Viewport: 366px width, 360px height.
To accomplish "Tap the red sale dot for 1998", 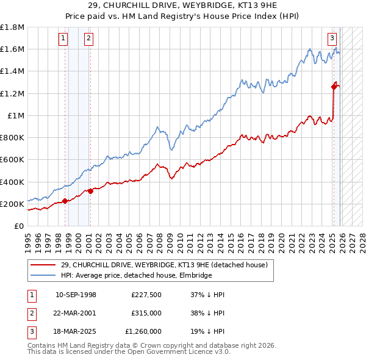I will coord(65,201).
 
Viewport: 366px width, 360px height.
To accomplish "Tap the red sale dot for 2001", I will coord(90,191).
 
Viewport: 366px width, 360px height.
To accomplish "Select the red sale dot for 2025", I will coord(334,87).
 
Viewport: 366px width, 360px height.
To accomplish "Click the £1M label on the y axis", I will coord(16,116).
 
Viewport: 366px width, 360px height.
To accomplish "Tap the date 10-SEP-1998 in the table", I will coord(76,295).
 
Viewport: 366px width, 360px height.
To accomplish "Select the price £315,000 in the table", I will coord(146,313).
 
